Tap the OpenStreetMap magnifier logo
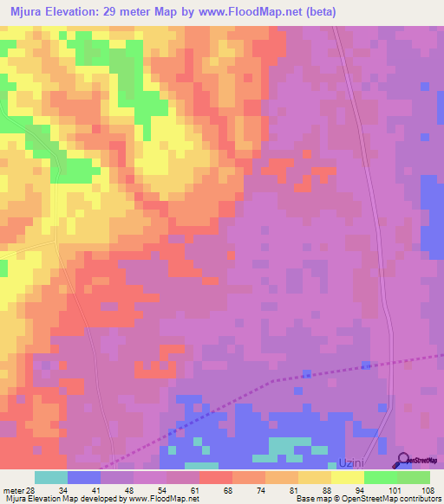[402, 461]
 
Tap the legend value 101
[395, 490]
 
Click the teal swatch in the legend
[51, 477]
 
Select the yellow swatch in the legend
[347, 477]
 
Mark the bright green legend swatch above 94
[380, 477]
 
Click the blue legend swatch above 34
[84, 477]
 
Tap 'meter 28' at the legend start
[17, 490]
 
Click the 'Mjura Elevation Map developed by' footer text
[52, 500]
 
